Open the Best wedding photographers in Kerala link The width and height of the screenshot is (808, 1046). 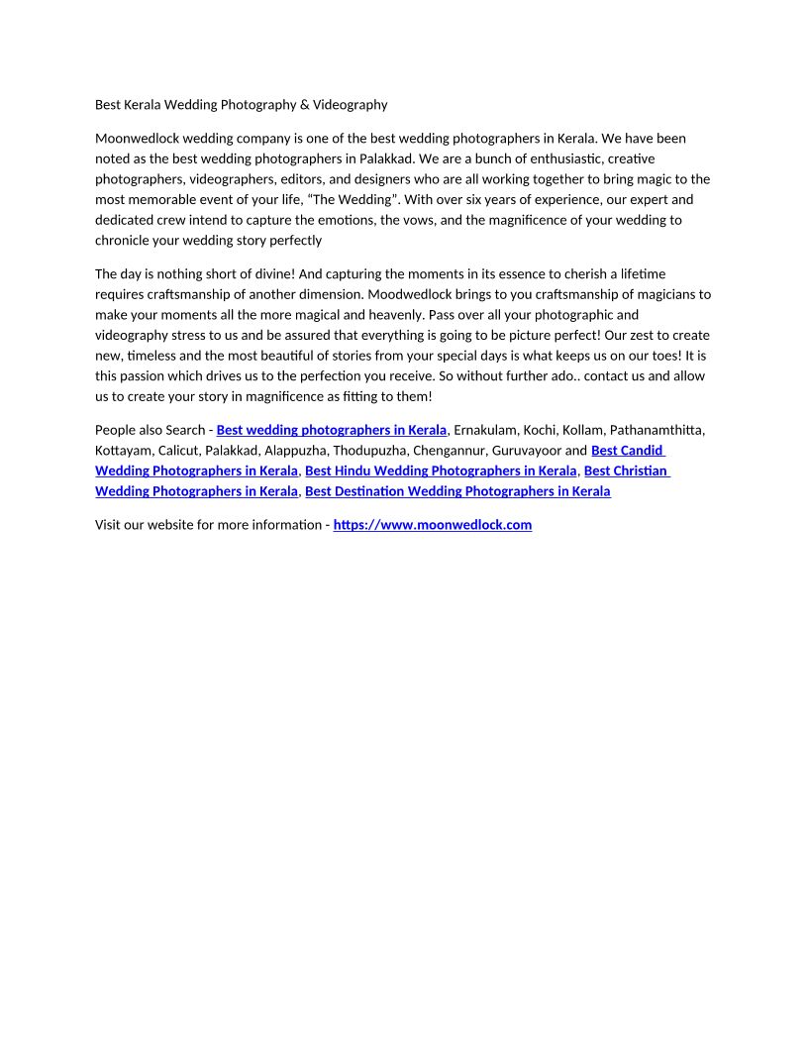pyautogui.click(x=332, y=430)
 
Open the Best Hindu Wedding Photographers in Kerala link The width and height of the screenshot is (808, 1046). pyautogui.click(x=441, y=471)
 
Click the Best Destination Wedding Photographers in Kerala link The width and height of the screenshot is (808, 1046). pyautogui.click(x=457, y=491)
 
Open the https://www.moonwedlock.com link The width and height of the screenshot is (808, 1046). pyautogui.click(x=433, y=525)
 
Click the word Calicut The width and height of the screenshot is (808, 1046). pyautogui.click(x=178, y=451)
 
